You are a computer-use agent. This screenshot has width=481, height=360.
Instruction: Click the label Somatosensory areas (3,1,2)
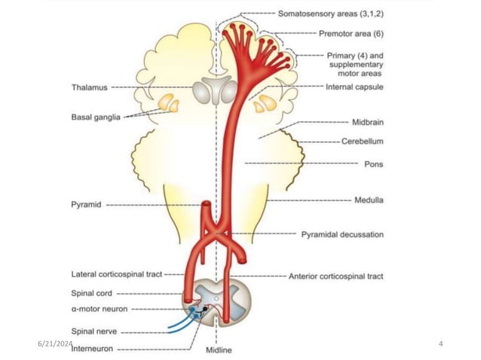(x=331, y=14)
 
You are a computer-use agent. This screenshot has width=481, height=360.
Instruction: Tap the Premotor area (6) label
(x=351, y=33)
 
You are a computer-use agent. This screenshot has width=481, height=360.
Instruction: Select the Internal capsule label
(x=354, y=87)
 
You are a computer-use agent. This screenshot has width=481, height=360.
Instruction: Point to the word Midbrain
(x=368, y=122)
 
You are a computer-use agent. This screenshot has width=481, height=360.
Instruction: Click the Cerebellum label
(x=363, y=142)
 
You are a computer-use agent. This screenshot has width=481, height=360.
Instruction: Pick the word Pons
(x=374, y=164)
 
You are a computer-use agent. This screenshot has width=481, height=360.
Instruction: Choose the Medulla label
(x=369, y=200)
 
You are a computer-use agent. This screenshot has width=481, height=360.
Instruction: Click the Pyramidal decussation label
(x=342, y=234)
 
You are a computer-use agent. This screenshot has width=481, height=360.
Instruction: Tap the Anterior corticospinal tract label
(x=336, y=276)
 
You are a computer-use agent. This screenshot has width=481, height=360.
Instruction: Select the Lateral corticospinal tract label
(x=117, y=274)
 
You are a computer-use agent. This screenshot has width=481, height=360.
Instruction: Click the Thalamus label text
(x=90, y=87)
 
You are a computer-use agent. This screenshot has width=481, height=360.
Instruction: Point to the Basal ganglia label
(x=96, y=117)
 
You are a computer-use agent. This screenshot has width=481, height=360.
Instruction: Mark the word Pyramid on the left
(x=86, y=204)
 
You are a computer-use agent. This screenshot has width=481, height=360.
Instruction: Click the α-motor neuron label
(x=100, y=309)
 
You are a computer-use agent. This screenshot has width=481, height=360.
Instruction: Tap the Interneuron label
(x=92, y=349)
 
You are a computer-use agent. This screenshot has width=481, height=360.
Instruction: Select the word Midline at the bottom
(x=219, y=350)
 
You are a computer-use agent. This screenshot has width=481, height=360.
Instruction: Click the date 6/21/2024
(x=55, y=343)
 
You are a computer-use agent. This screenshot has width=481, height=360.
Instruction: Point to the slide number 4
(x=441, y=343)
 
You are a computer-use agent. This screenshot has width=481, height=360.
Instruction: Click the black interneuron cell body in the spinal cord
(x=204, y=309)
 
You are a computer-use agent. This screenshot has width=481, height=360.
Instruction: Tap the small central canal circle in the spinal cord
(x=216, y=298)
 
